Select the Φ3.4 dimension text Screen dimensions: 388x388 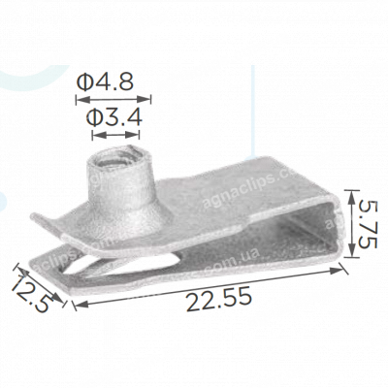click(115, 117)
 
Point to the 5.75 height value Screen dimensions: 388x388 click(365, 226)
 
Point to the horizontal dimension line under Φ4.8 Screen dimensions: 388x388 click(113, 97)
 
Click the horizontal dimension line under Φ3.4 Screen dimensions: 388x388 click(115, 132)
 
